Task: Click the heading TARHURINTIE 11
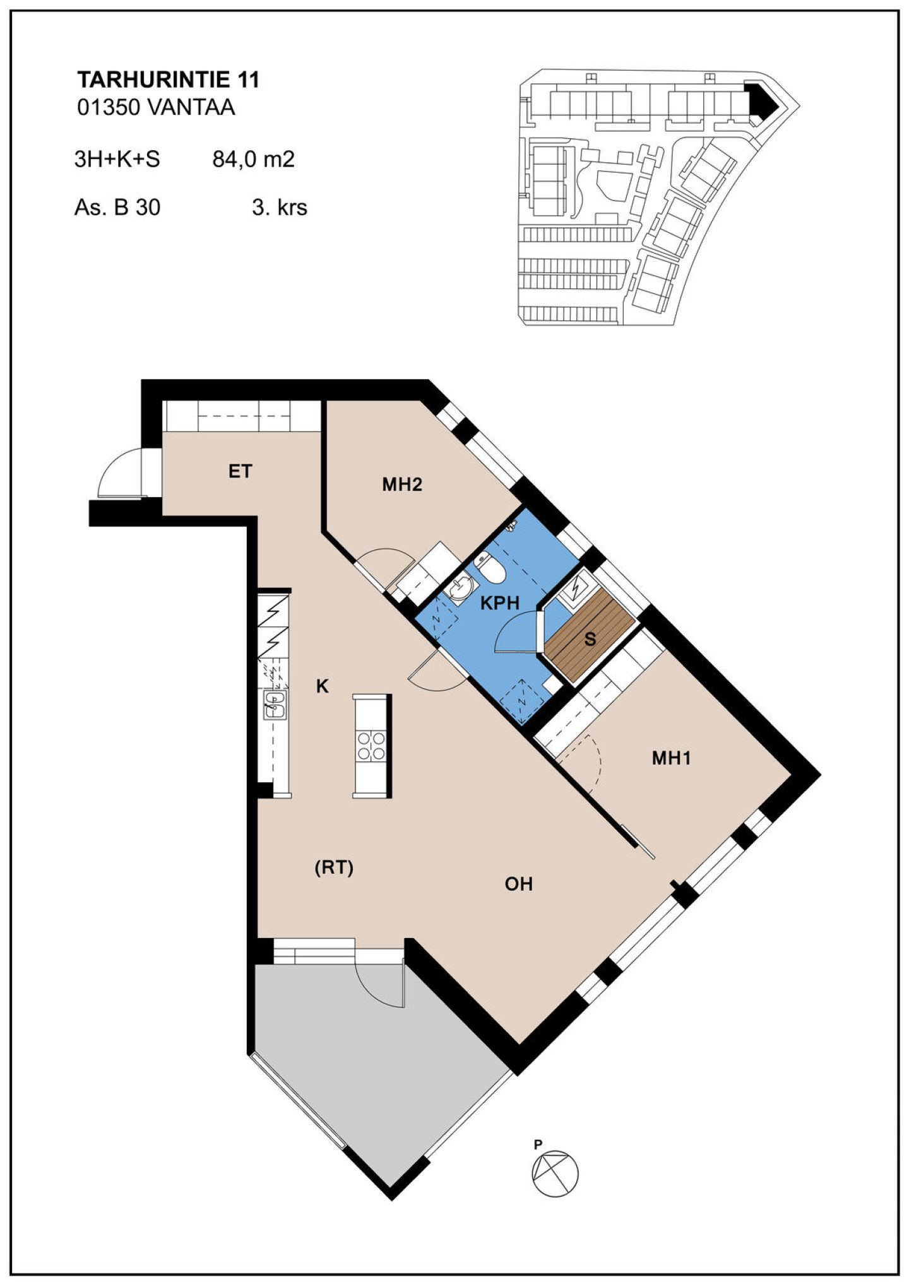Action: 168,80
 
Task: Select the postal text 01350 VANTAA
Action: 156,107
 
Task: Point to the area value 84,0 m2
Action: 253,159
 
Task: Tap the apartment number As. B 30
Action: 117,207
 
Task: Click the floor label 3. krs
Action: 280,207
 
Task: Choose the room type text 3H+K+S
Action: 117,159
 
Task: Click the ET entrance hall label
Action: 240,471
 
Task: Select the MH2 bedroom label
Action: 402,484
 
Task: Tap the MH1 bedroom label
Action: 672,758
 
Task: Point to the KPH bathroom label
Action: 500,603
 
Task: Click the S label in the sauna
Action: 590,639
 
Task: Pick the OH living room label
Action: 519,884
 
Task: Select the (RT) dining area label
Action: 334,868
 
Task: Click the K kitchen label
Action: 323,686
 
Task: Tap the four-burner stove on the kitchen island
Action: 372,745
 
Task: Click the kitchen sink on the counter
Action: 275,705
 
